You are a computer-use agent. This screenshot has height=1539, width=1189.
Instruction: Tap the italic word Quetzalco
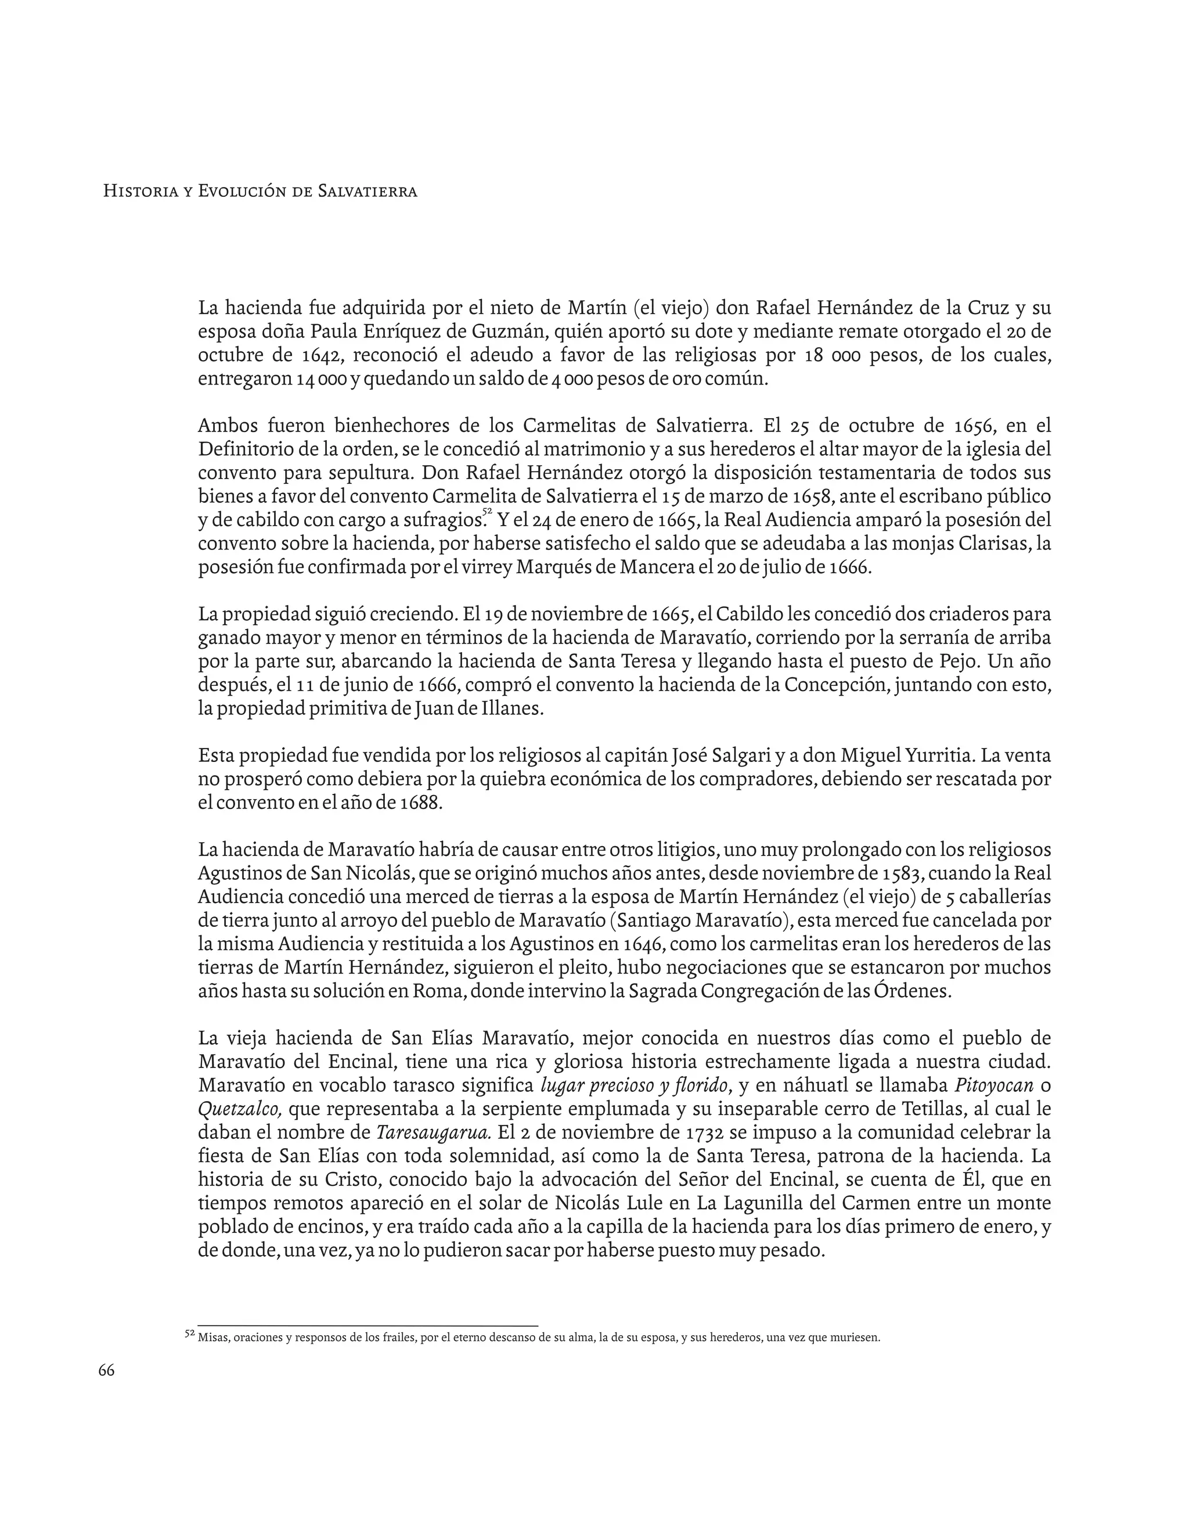point(240,1109)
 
